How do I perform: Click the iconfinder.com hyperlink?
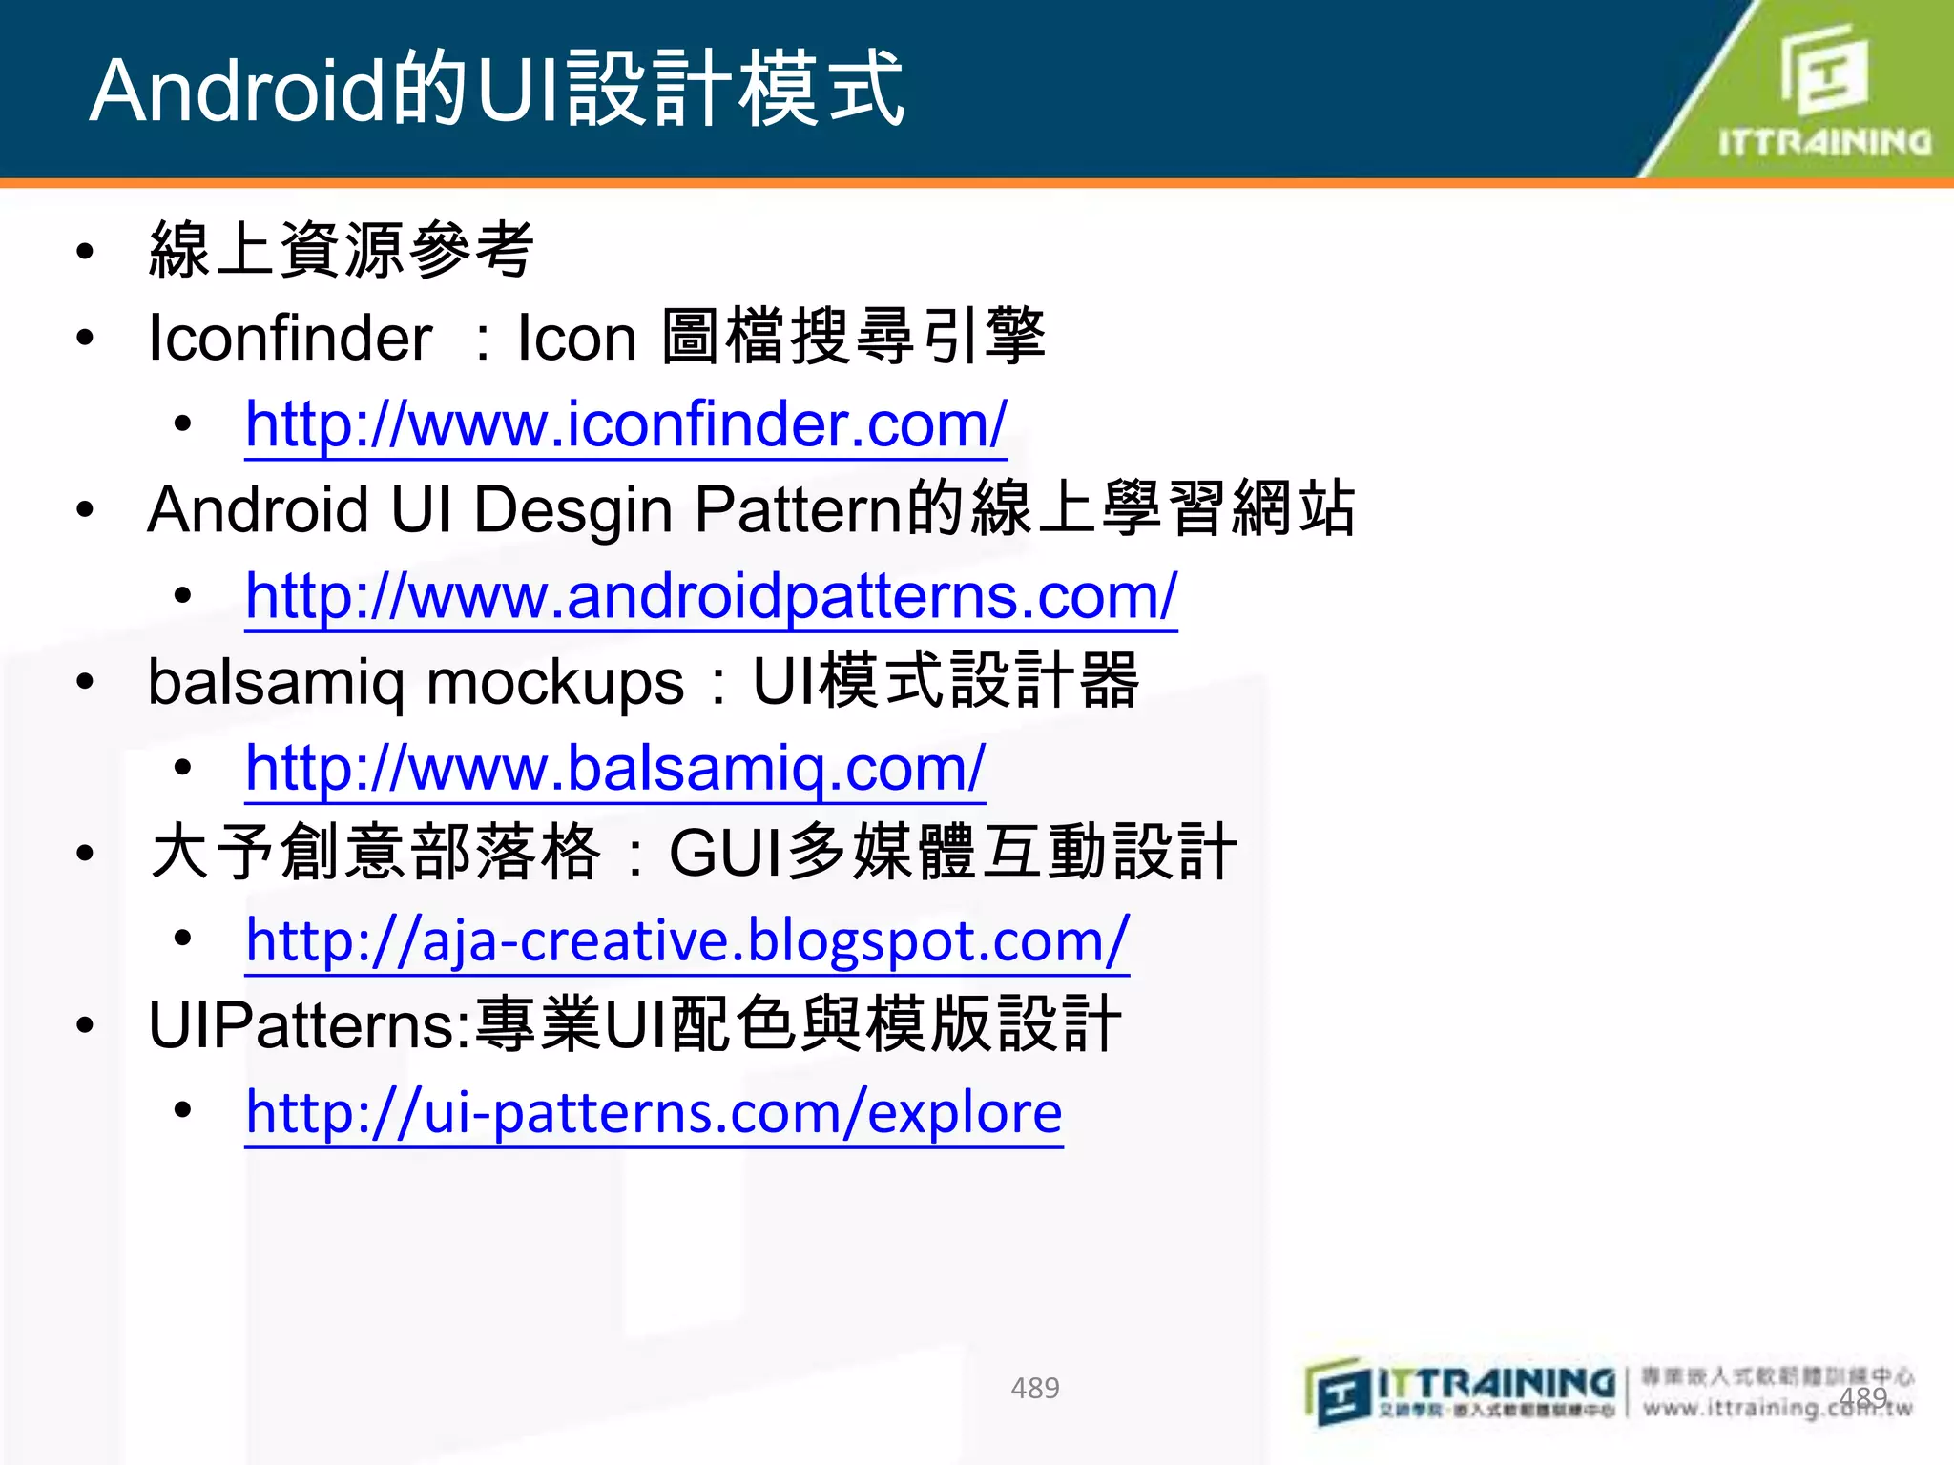coord(625,424)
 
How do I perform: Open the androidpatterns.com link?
coord(711,596)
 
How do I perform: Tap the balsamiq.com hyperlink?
coord(614,768)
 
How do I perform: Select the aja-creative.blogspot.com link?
coord(687,940)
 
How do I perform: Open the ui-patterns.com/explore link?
coord(654,1112)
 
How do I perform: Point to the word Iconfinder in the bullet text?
coord(290,339)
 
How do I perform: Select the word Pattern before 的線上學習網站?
coord(798,510)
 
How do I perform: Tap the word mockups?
coord(555,683)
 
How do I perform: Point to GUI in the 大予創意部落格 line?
coord(726,853)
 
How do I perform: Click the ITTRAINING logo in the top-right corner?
coord(1824,91)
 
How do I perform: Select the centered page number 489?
coord(1034,1388)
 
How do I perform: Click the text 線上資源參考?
coord(341,250)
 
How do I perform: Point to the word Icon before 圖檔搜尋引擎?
coord(576,339)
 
